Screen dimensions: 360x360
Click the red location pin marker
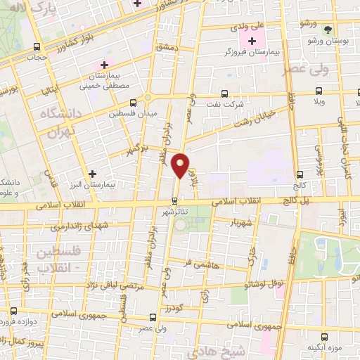click(x=181, y=165)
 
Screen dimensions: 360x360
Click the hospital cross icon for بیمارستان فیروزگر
click(x=252, y=41)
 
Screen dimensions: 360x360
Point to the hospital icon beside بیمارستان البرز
click(x=92, y=172)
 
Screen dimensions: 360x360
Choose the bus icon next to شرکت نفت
click(x=224, y=93)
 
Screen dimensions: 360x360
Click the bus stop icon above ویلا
click(x=319, y=91)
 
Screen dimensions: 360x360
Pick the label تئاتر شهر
click(x=175, y=212)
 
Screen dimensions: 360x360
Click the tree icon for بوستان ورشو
click(x=328, y=30)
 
